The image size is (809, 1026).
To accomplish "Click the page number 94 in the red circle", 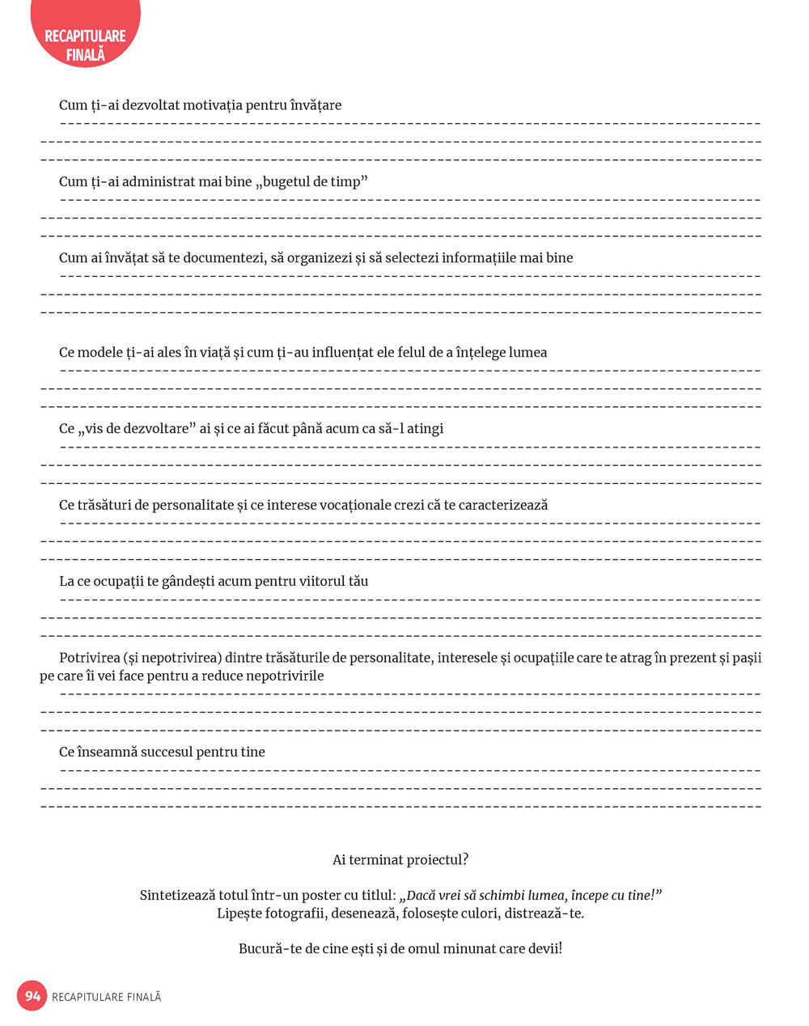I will point(32,995).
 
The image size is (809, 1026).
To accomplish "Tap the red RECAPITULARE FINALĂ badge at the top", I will point(85,45).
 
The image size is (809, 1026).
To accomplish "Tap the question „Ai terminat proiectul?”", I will point(400,859).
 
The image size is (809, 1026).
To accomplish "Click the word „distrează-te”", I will point(543,914).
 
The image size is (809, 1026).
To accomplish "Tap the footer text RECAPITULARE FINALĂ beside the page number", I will point(106,997).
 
